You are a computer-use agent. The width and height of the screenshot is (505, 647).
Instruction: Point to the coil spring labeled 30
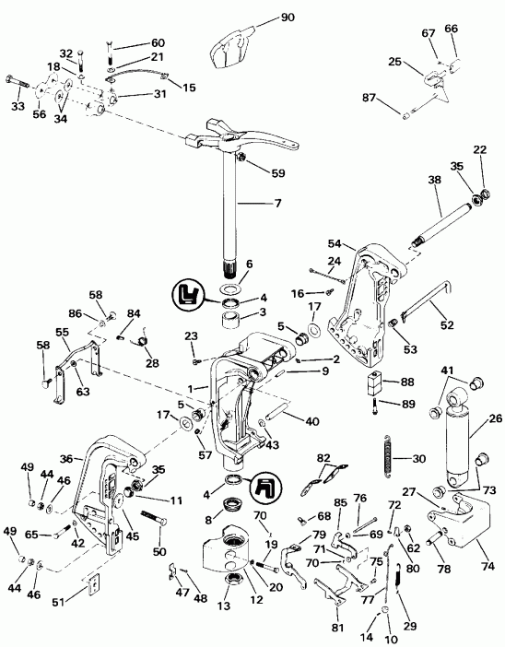pos(388,458)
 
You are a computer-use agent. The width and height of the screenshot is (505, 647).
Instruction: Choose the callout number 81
pos(337,628)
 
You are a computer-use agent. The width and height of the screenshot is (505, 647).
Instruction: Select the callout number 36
pos(65,457)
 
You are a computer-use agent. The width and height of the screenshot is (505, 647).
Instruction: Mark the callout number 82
pos(323,458)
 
